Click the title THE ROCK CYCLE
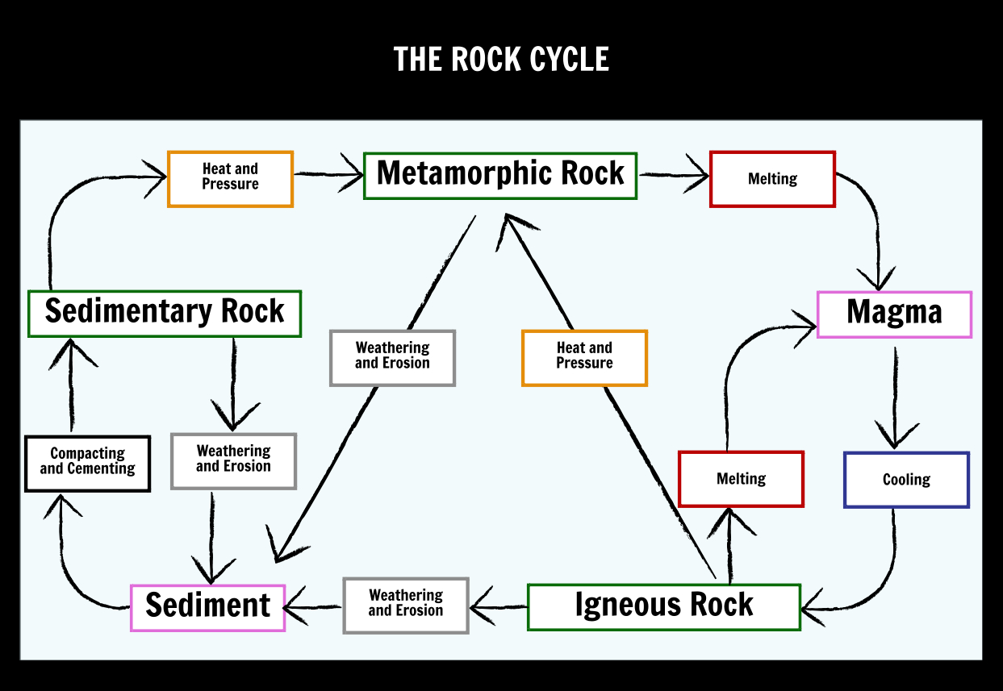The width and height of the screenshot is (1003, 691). [x=501, y=59]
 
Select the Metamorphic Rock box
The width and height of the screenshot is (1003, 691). [x=500, y=176]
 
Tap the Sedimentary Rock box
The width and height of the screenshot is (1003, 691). [x=165, y=314]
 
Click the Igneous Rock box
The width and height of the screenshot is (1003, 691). [x=664, y=607]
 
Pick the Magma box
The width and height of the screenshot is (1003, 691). [x=894, y=314]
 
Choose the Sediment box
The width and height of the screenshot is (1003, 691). [x=207, y=608]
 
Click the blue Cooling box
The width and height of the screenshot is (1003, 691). [x=906, y=480]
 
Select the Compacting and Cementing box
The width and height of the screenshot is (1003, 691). [x=87, y=463]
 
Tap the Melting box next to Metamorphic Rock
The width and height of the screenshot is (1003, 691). [x=772, y=179]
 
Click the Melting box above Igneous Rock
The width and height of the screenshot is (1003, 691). [x=741, y=479]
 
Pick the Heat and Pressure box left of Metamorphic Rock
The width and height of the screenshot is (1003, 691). [x=230, y=179]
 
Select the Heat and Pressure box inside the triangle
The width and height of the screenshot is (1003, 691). [x=584, y=358]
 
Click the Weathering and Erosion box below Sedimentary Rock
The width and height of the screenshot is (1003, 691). [x=233, y=461]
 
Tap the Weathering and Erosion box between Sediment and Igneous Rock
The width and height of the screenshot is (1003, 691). [x=406, y=606]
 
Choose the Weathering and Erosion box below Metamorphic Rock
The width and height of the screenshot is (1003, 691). [x=392, y=358]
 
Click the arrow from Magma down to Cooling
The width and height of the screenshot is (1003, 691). [x=895, y=398]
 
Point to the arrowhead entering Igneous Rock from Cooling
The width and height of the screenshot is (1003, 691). [x=811, y=608]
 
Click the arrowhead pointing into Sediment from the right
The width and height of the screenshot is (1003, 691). [x=295, y=606]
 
